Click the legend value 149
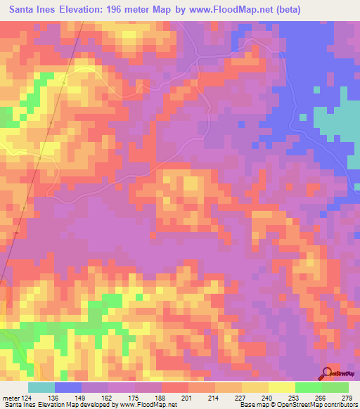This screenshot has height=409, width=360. point(79,398)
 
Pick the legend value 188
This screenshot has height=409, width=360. point(161,398)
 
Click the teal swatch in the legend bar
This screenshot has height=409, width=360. point(41,387)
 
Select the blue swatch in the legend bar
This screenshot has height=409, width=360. point(68,387)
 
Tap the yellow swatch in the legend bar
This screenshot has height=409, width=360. point(282,387)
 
